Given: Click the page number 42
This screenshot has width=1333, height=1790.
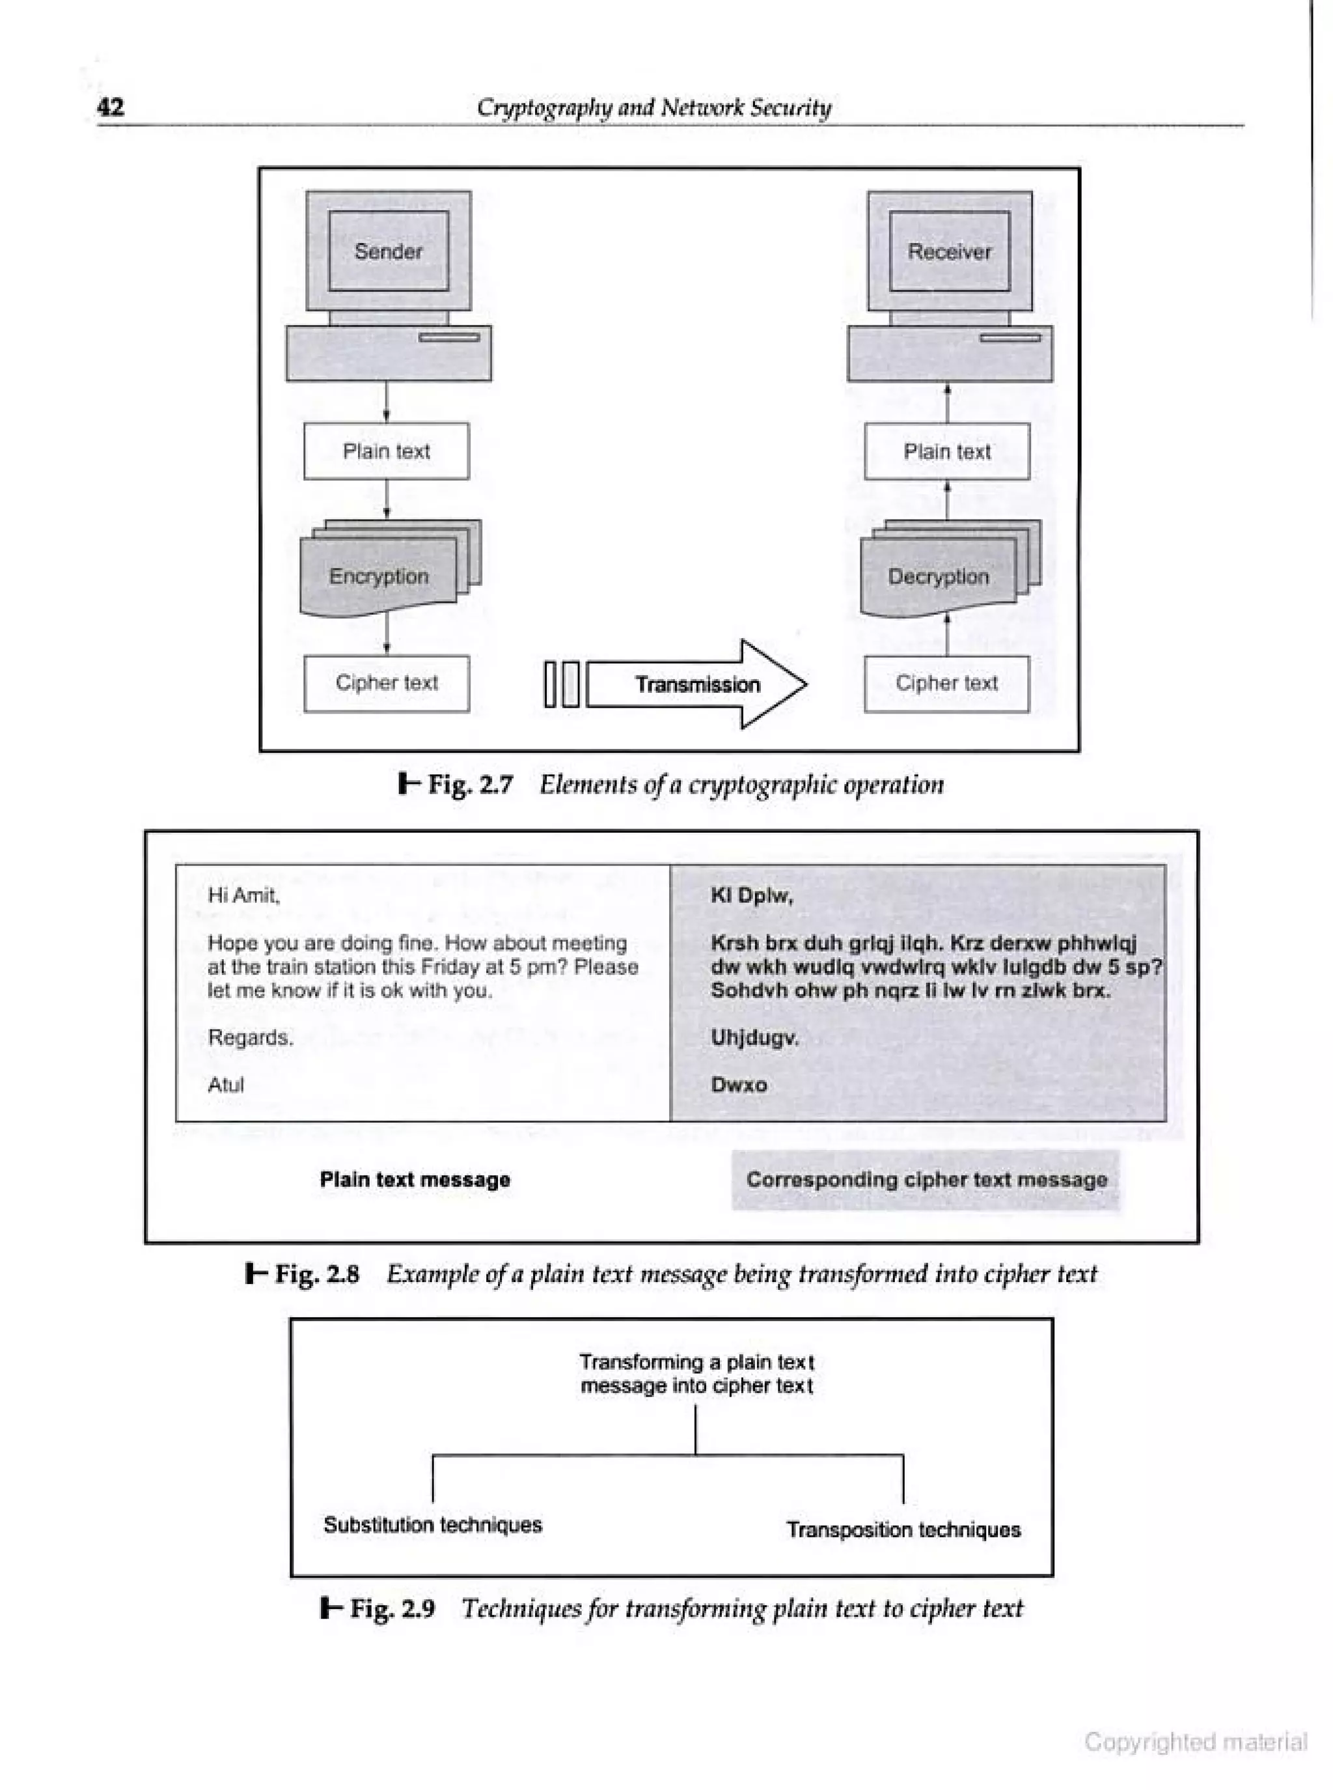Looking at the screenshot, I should pyautogui.click(x=111, y=107).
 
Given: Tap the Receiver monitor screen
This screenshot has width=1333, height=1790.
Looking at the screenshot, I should pyautogui.click(x=949, y=251).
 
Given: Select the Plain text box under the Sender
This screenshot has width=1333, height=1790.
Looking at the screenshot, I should pyautogui.click(x=386, y=451).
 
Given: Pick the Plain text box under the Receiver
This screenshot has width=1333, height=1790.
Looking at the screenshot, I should pyautogui.click(x=946, y=451).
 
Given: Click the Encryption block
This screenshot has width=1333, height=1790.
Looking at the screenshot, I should pyautogui.click(x=378, y=576).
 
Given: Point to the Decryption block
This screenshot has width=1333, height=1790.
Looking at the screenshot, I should pyautogui.click(x=939, y=576).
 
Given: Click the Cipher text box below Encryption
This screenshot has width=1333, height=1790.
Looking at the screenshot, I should pyautogui.click(x=386, y=684).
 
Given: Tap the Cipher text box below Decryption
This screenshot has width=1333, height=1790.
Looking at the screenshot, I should pyautogui.click(x=946, y=684).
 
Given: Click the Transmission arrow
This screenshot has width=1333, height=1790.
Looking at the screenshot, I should pyautogui.click(x=696, y=684).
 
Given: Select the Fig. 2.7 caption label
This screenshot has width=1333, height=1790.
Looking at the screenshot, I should pyautogui.click(x=470, y=785).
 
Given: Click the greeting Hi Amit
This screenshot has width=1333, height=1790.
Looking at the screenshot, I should pyautogui.click(x=243, y=894).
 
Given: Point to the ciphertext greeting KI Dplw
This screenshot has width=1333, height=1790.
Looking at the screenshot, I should pyautogui.click(x=751, y=894).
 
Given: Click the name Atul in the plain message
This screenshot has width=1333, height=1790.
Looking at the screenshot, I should pyautogui.click(x=225, y=1085).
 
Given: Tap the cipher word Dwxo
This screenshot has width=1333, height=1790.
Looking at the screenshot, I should pyautogui.click(x=738, y=1085).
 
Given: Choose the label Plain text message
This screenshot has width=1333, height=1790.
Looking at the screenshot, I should pyautogui.click(x=415, y=1180).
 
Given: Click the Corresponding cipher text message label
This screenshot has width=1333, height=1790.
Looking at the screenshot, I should pyautogui.click(x=926, y=1180).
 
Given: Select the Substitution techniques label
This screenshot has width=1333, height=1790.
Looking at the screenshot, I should pyautogui.click(x=432, y=1524).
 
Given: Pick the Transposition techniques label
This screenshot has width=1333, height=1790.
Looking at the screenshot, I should pyautogui.click(x=903, y=1530).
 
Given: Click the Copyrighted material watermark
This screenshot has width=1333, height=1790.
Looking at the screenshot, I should pyautogui.click(x=1195, y=1742).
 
